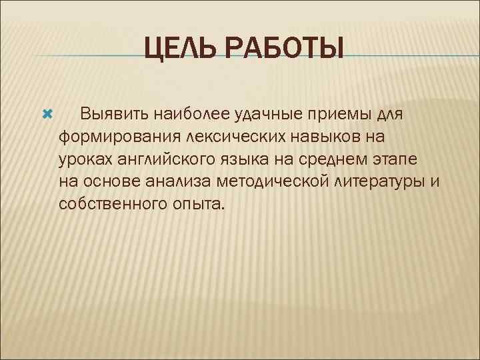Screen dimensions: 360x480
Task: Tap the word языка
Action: pyautogui.click(x=245, y=159)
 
